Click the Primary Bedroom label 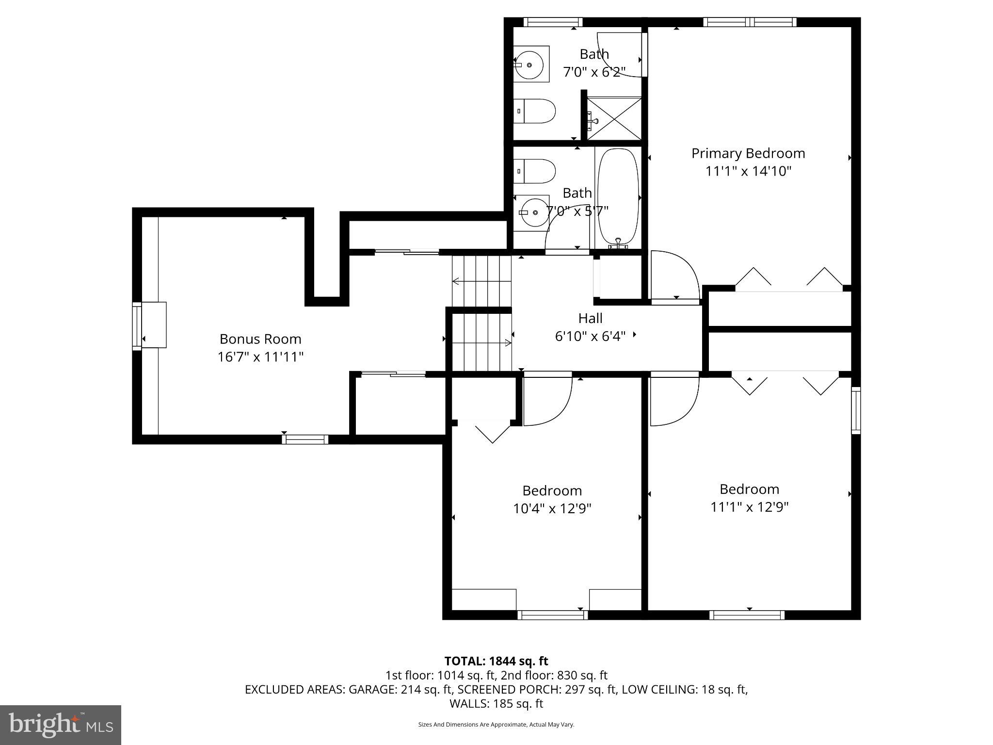click(x=748, y=153)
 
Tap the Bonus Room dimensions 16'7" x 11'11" click(x=260, y=357)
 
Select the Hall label click(x=590, y=318)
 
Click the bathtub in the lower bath click(x=618, y=196)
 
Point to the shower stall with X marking click(x=614, y=118)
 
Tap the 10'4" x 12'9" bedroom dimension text click(x=552, y=508)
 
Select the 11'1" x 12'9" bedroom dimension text click(x=749, y=507)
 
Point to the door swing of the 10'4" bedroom click(x=547, y=400)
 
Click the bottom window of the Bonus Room click(x=305, y=439)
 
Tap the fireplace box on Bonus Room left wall click(x=154, y=324)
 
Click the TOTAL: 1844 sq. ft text click(x=496, y=661)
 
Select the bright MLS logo click(x=61, y=724)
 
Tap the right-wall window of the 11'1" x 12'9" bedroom click(x=856, y=410)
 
